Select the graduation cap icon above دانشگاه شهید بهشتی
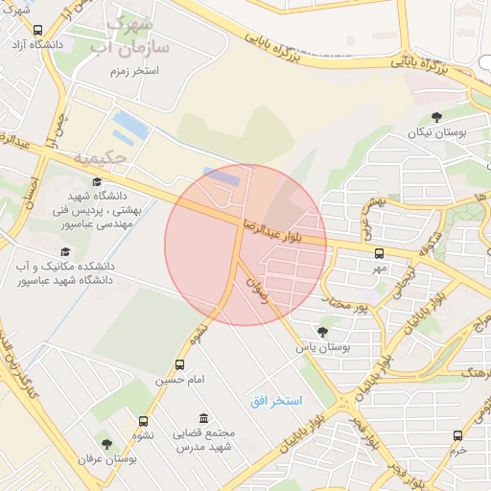[96, 181]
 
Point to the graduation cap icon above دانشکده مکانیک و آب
[65, 251]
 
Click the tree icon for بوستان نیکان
[437, 118]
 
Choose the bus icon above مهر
[379, 254]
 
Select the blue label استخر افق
[276, 399]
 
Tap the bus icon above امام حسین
[179, 365]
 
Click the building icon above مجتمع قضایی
[202, 418]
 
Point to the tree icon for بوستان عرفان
[106, 444]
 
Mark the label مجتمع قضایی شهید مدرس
[203, 439]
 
